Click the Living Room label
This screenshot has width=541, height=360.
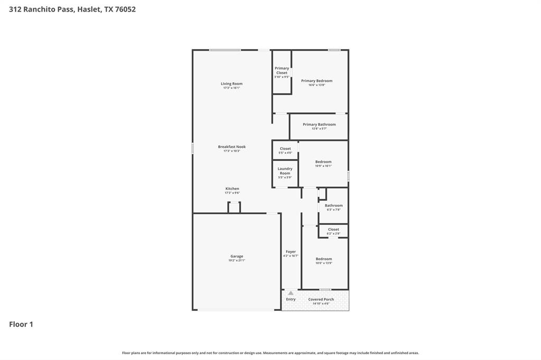coord(231,83)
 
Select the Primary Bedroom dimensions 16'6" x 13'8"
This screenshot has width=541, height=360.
coord(317,85)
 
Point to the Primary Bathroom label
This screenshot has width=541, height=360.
coord(319,125)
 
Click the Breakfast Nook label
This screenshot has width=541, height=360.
coord(231,147)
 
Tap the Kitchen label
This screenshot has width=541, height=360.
coord(232,188)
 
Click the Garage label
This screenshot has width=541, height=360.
coord(236,256)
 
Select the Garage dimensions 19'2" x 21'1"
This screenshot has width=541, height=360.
coord(236,260)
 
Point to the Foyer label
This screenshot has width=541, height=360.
coord(291,252)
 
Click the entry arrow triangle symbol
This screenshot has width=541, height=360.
coord(291,292)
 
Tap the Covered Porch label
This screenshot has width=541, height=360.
coord(321,299)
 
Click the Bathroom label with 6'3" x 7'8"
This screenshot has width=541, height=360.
coord(333,205)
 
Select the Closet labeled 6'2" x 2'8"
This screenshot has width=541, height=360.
coord(333,230)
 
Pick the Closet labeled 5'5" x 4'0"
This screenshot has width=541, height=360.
coord(285,149)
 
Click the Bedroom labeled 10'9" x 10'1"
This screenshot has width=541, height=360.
coord(323,162)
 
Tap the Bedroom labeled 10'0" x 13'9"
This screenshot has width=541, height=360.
coord(324,259)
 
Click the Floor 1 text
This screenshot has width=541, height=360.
coord(21,324)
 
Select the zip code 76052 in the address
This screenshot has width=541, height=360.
coord(125,9)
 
